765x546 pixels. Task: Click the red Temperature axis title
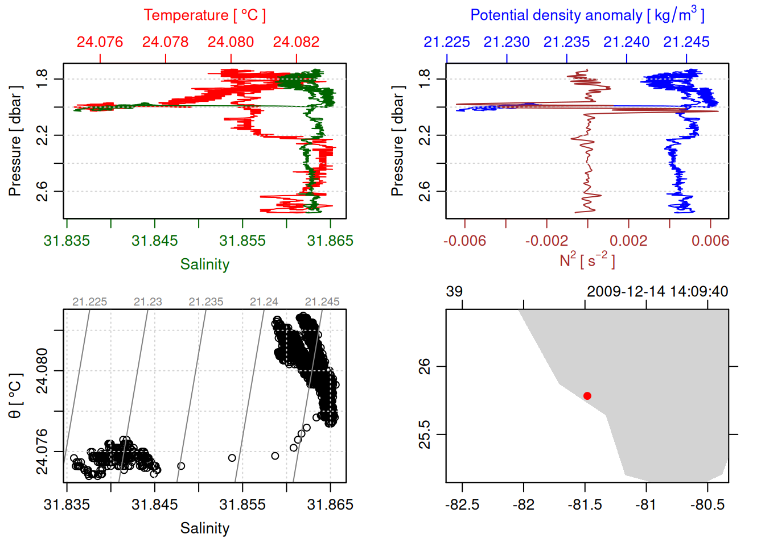tap(204, 15)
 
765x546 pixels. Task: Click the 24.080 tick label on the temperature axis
tap(231, 42)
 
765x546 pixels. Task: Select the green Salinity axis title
tap(204, 264)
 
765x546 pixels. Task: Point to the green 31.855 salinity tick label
tap(242, 241)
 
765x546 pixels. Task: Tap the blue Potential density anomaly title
tap(587, 15)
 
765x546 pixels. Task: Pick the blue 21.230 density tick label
tap(507, 42)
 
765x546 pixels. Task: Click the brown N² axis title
tap(587, 260)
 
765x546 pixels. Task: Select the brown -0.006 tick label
tap(464, 241)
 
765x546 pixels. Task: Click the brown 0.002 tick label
tap(628, 241)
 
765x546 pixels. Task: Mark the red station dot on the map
tap(587, 396)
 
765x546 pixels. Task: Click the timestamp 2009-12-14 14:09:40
tap(657, 292)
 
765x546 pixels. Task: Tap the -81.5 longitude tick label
tap(585, 505)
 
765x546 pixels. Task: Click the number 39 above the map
tap(454, 292)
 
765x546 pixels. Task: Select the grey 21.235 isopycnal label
tap(206, 302)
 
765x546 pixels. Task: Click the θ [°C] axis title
tap(15, 396)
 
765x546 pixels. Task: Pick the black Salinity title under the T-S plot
tap(204, 528)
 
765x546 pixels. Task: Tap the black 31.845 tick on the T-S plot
tap(155, 505)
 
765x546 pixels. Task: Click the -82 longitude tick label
tap(523, 505)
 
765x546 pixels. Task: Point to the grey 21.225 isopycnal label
tap(90, 302)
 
